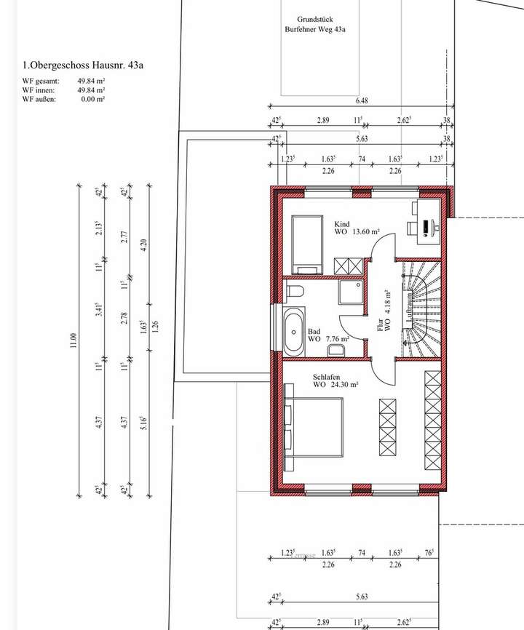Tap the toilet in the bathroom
click(294, 292)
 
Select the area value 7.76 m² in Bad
click(336, 339)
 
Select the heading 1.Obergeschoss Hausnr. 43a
click(82, 65)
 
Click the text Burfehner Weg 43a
click(315, 30)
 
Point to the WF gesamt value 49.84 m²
click(92, 81)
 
